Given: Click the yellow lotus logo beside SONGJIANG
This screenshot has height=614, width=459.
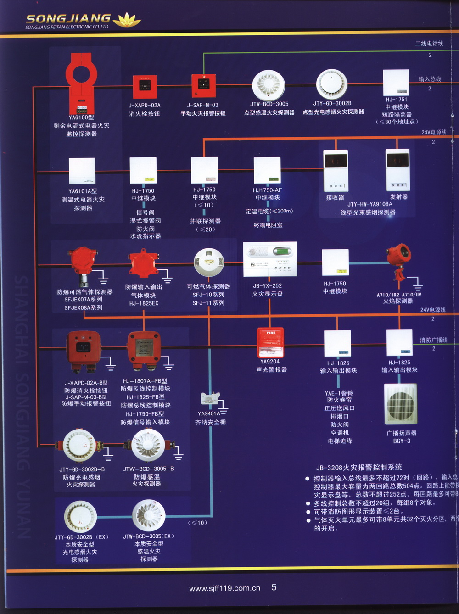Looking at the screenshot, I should pos(127,20).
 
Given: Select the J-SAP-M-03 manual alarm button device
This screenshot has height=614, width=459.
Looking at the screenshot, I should pos(203,85).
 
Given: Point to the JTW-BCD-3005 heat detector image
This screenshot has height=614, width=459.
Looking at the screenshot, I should pos(269,85).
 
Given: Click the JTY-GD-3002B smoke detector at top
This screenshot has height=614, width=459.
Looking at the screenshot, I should pos(332,84).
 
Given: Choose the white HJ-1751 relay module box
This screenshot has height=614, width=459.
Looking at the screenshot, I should pos(396,83).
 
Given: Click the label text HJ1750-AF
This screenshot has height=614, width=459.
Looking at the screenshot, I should pos(267,190).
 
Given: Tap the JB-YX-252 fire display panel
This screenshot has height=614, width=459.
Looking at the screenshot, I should pos(269,259).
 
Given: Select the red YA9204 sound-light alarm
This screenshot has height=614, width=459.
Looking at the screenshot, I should pos(270,342).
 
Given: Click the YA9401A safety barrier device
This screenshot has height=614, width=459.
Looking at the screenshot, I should pos(209,400).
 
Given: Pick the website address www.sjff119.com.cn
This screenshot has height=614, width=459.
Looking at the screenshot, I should pos(224,588).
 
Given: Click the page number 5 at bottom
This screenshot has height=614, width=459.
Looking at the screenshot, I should pos(274,587).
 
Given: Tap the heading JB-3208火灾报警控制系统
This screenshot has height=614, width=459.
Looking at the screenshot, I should pos(358,467).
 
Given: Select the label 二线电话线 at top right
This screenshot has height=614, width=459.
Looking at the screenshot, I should pos(429,43).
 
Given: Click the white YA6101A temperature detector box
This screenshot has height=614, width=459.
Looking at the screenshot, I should pos(82,171).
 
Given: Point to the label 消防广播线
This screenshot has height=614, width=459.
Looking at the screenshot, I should pos(433,340).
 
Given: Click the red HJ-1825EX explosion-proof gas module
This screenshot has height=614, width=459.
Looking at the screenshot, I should pos(143,264).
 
